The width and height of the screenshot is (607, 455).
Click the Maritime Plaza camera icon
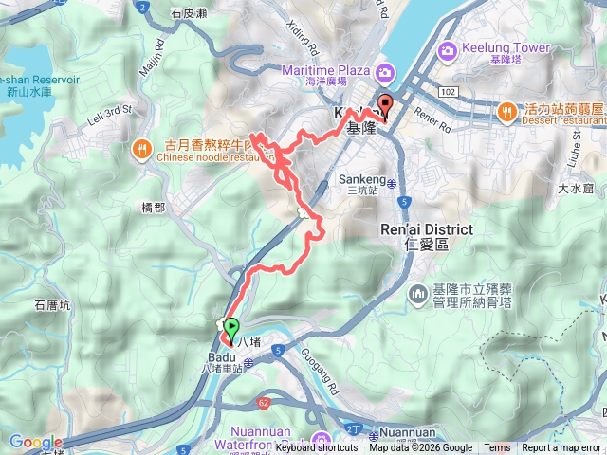[384, 70]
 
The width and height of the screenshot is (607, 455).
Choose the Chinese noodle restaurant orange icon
[142, 148]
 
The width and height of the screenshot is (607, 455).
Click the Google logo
[36, 442]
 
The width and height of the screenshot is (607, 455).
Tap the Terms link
[497, 448]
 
